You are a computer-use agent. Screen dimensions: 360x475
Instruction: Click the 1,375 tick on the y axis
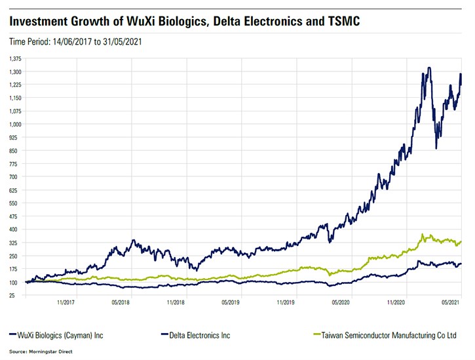14,58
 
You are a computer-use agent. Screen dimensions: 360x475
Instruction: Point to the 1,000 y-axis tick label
14,124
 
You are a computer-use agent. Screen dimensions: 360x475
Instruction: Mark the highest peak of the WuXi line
428,68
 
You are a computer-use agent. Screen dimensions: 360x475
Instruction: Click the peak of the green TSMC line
423,235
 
